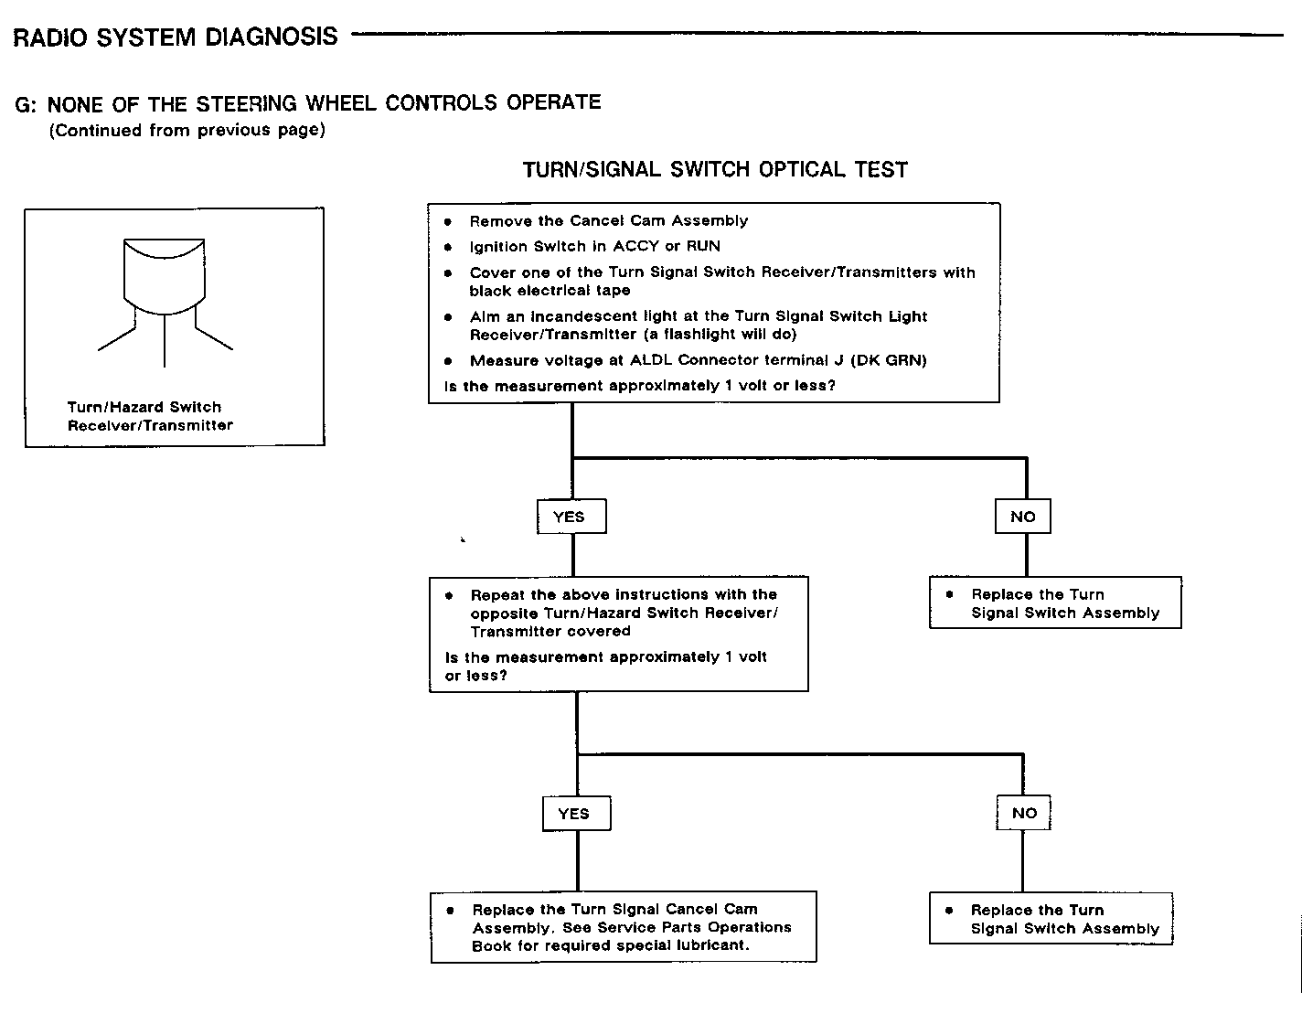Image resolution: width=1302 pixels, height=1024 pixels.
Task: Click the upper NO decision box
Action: (x=1023, y=517)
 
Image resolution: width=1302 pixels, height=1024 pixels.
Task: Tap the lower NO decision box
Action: (x=1024, y=813)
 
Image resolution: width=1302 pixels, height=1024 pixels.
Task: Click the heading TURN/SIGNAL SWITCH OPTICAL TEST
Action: (x=715, y=170)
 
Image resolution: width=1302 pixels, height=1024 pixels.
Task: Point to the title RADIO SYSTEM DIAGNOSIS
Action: (x=176, y=37)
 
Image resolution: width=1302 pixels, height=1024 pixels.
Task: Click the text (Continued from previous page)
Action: (x=187, y=130)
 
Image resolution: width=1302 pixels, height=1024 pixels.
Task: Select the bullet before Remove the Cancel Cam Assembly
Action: (x=448, y=221)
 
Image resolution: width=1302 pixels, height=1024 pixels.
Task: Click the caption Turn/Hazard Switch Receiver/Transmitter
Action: (x=149, y=416)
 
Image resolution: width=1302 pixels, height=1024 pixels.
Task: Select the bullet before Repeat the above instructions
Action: (x=449, y=595)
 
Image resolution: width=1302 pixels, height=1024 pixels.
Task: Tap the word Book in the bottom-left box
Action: (x=491, y=945)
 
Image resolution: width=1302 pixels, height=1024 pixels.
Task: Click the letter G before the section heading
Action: (x=25, y=104)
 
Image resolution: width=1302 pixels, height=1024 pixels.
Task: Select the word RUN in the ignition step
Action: (x=703, y=246)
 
